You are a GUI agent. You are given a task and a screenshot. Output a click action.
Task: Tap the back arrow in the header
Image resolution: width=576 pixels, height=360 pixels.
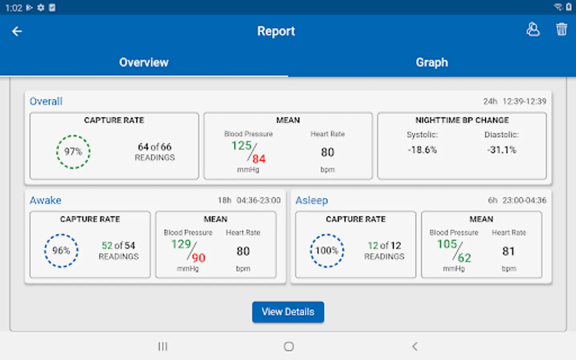[17, 31]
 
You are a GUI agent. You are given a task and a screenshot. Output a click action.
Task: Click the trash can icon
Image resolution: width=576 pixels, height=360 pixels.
[561, 30]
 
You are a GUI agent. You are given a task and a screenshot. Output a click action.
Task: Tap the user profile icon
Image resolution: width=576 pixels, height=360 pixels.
[533, 30]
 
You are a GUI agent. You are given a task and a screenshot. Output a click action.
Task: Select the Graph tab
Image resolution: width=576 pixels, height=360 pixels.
[432, 62]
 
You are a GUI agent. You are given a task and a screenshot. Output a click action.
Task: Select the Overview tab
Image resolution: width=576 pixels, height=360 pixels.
[144, 62]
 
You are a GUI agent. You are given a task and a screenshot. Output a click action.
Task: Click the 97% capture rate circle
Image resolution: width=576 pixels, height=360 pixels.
[73, 152]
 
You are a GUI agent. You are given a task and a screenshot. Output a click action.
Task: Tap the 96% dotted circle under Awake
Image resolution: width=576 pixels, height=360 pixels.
[61, 251]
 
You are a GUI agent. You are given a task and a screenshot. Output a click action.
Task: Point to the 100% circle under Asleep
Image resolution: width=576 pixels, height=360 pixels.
[327, 251]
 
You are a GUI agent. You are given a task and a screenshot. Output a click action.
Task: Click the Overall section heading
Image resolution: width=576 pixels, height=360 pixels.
[46, 101]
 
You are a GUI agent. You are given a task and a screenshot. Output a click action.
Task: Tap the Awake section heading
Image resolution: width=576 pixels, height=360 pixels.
[46, 200]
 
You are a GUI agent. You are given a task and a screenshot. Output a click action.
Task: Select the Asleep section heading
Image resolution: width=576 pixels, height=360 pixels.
[312, 200]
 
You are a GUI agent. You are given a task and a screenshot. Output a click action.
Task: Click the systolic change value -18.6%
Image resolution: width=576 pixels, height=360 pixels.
[422, 150]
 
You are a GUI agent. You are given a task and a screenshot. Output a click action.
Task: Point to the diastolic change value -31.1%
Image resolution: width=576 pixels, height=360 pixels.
[502, 150]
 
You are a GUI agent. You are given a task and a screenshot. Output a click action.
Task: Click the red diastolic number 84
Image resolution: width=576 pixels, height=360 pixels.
[259, 159]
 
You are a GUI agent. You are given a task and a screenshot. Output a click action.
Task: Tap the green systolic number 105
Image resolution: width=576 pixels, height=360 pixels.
[447, 244]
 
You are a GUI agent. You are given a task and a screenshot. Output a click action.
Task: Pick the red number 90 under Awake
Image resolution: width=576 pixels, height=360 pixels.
[198, 258]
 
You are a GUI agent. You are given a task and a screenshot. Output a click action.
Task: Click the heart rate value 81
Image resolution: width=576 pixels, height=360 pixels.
[508, 251]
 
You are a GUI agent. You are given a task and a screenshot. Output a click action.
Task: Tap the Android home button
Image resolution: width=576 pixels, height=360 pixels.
[288, 346]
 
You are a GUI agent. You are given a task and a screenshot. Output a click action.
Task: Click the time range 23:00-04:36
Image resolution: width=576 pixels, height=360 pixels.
[524, 200]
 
